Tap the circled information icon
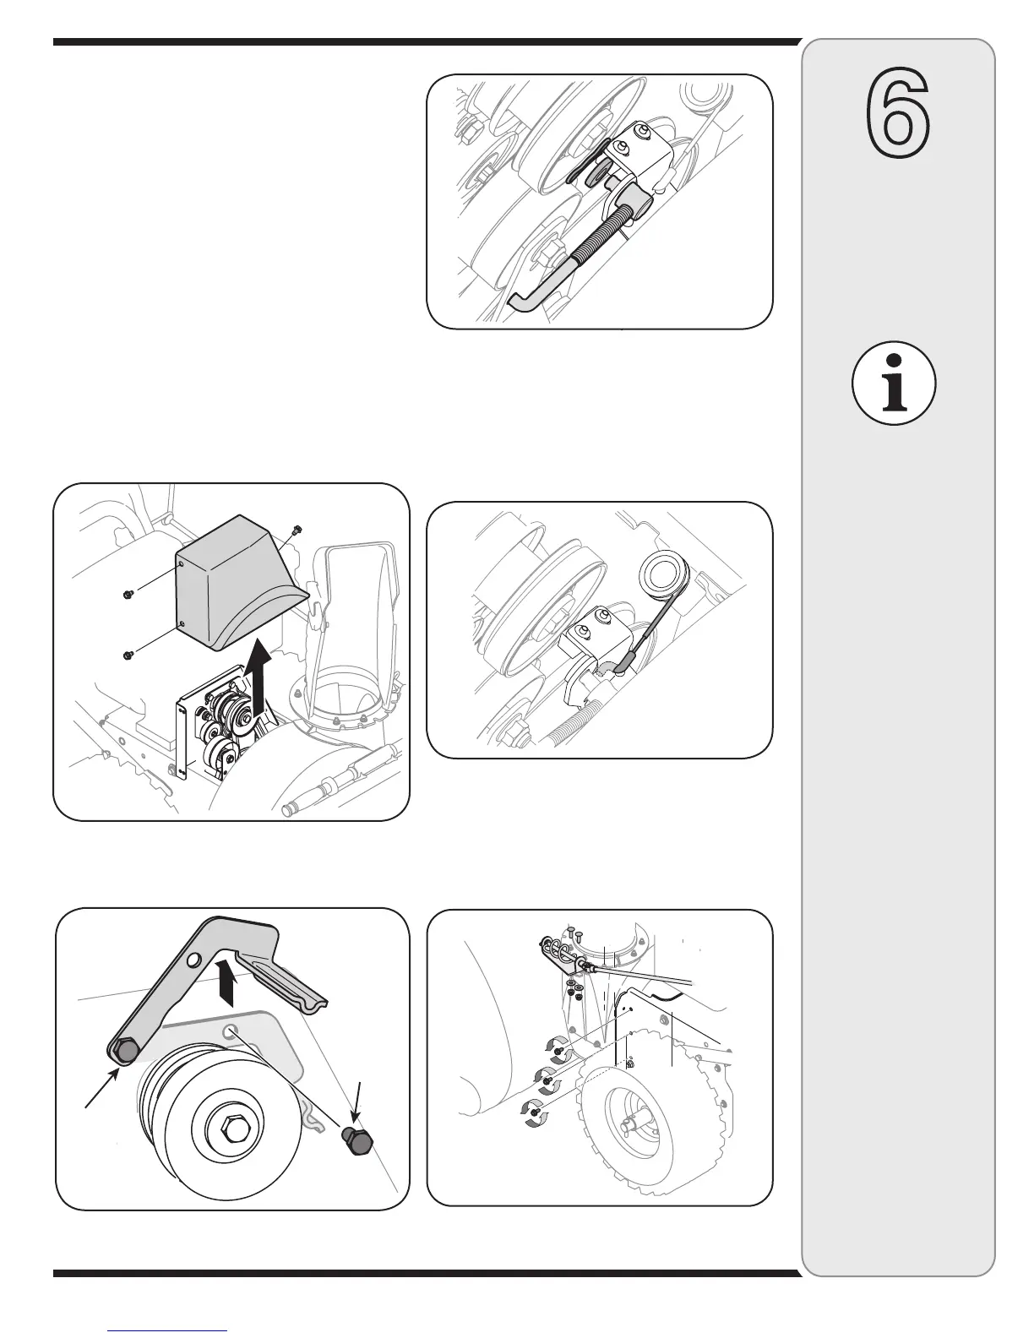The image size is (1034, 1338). click(895, 383)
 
